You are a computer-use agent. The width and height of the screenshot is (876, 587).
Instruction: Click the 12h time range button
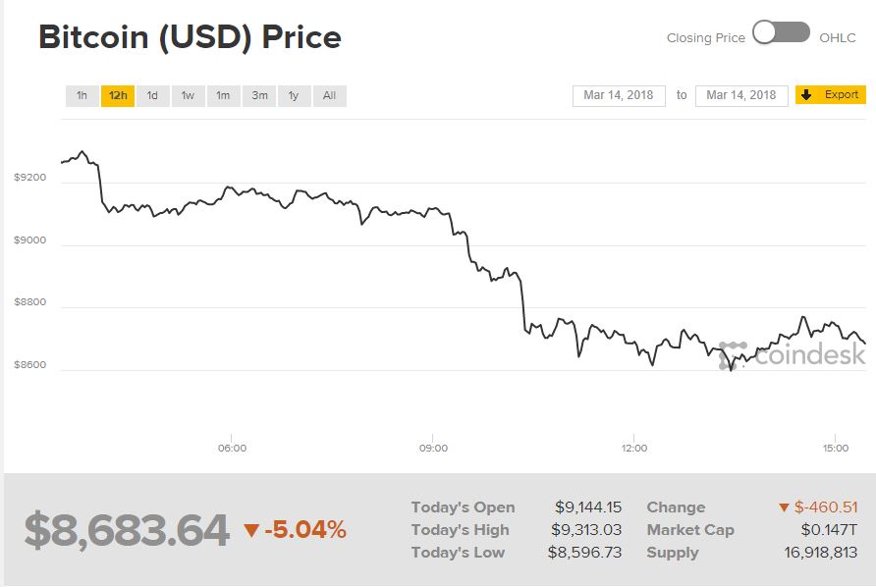tap(118, 95)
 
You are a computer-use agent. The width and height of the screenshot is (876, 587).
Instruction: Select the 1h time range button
tap(82, 95)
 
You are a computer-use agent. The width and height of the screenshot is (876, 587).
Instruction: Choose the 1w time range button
tap(188, 95)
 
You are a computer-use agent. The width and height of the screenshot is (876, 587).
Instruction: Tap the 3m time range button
tap(259, 95)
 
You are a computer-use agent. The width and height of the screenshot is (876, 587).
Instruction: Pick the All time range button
tap(329, 95)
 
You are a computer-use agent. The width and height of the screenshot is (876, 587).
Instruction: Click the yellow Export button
tap(831, 95)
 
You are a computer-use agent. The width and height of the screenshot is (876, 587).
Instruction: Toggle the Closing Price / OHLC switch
tap(782, 33)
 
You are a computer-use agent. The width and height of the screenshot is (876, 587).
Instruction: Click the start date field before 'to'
tap(619, 95)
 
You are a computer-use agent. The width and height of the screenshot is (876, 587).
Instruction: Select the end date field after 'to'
tap(741, 95)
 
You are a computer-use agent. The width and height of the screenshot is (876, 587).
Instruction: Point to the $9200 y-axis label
tap(29, 178)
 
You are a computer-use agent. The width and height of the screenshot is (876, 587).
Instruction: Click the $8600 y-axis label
tap(29, 365)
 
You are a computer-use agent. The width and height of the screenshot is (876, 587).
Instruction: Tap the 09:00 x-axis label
tap(433, 449)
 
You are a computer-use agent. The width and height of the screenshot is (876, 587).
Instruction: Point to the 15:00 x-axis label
tap(835, 449)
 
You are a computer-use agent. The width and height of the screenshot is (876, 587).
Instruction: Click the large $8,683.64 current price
tap(127, 530)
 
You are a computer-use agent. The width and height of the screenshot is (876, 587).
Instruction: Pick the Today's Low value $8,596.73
tap(584, 553)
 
